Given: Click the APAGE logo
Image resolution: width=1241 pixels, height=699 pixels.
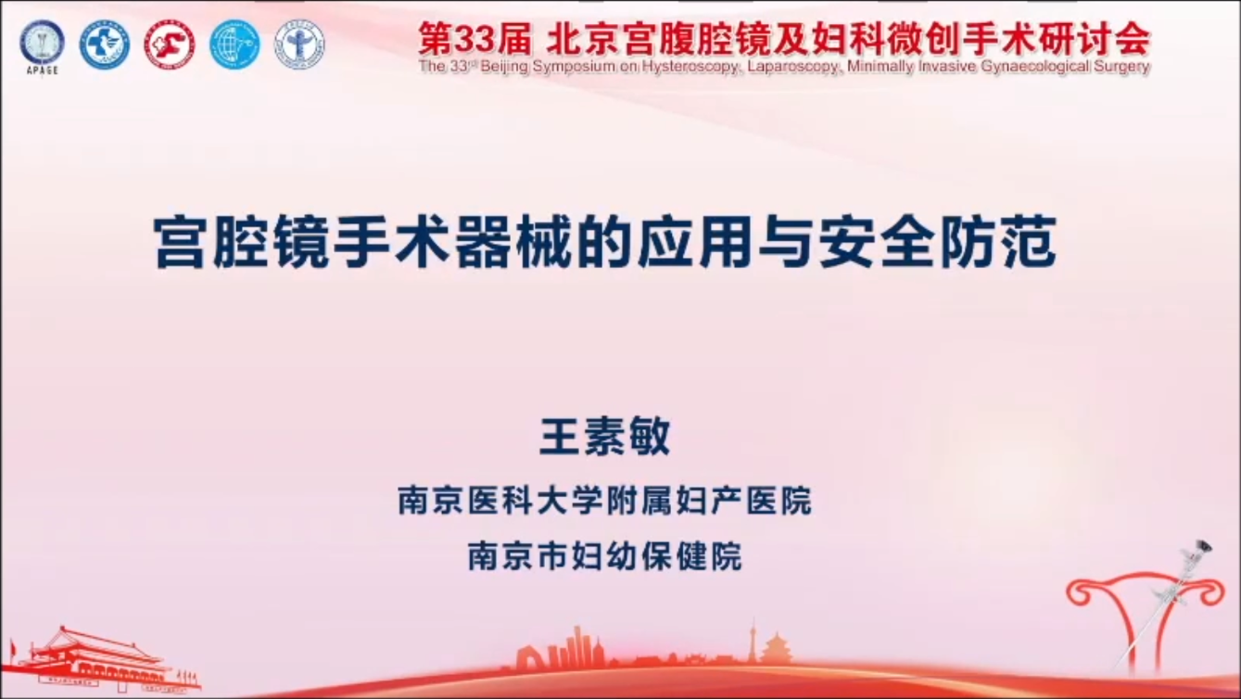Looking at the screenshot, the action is (42, 46).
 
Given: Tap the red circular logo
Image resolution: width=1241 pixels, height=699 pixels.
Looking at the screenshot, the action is (170, 44).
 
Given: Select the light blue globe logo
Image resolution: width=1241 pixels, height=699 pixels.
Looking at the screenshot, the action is (234, 44).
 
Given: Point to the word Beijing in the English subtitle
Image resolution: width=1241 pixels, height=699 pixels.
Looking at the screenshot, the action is (504, 67).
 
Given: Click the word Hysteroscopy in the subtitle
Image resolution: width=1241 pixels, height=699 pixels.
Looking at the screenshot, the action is (690, 67).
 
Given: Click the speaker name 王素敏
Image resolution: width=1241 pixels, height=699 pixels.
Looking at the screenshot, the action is (605, 437).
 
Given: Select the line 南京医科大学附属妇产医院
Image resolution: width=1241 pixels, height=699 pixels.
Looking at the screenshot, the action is (604, 501).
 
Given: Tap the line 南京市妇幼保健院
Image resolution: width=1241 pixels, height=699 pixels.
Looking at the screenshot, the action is (604, 556).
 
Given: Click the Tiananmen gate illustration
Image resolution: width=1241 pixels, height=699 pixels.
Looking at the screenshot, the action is (106, 661).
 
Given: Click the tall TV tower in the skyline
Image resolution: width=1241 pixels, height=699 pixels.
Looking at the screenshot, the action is (753, 643).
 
